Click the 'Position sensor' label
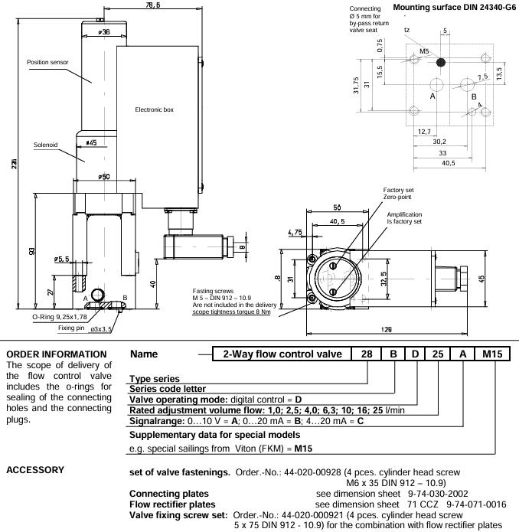(47, 62)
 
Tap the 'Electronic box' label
(154, 109)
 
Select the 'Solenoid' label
(45, 145)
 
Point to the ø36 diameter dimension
(104, 32)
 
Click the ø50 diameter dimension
(104, 176)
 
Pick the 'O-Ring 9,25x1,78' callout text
(60, 317)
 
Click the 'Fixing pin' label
(71, 328)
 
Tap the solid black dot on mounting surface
(440, 63)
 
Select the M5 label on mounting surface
(424, 51)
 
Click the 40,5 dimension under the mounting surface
(448, 163)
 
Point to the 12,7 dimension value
(424, 132)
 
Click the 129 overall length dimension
(387, 329)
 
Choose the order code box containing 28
(367, 354)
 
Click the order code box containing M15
(492, 354)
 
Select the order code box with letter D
(415, 354)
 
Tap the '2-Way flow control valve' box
(282, 354)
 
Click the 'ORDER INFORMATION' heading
(57, 354)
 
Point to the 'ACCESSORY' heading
(35, 470)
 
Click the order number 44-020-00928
(312, 472)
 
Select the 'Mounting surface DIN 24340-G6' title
(454, 8)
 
